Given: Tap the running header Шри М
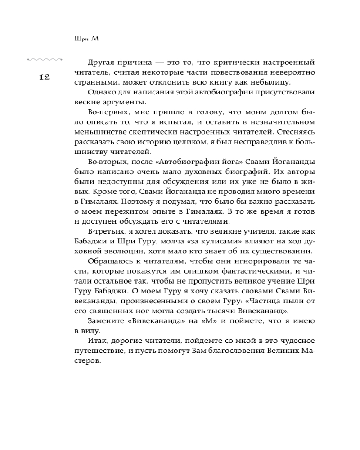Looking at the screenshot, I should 85,39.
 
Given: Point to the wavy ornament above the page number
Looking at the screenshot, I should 45,59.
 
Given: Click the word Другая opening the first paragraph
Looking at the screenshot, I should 103,62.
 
